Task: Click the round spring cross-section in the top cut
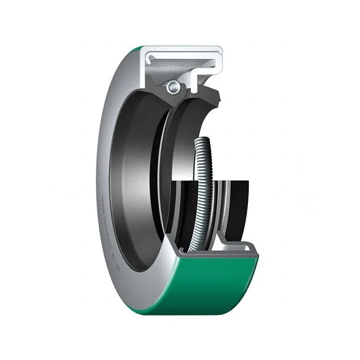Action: (x=173, y=87)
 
